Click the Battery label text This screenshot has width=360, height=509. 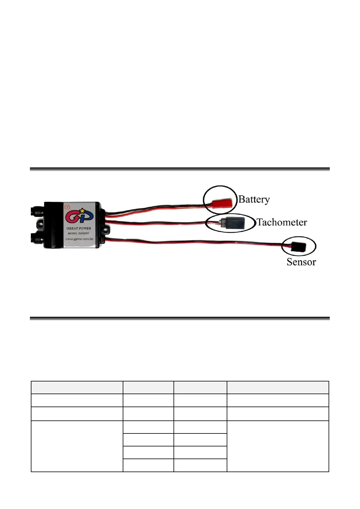[x=254, y=199]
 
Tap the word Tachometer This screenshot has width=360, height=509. [x=282, y=222]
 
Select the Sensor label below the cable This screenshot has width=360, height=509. [x=301, y=262]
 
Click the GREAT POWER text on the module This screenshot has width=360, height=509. [x=79, y=228]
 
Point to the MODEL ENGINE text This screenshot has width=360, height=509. [x=78, y=233]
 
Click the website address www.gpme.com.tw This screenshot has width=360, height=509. [x=79, y=239]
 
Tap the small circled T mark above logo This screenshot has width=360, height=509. [x=67, y=207]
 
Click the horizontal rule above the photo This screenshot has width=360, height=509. [x=180, y=169]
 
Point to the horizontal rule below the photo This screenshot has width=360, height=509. [x=180, y=318]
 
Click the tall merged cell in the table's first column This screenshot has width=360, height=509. [x=77, y=446]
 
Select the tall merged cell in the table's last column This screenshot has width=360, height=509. [x=277, y=446]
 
